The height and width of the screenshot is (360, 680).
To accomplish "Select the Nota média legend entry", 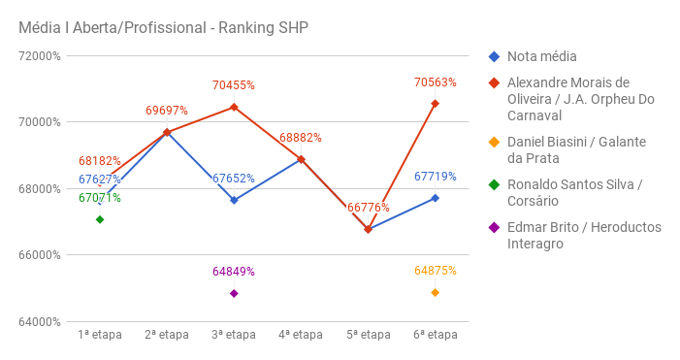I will point(548,57).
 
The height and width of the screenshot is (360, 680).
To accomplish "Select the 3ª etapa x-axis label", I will point(234,335).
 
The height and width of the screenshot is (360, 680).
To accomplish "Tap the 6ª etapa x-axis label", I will point(435,335).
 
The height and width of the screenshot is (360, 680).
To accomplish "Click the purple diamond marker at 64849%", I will point(234,293).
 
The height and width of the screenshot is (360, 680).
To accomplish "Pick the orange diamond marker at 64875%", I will point(435,292).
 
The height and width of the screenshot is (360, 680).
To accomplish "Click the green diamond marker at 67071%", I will point(100,219).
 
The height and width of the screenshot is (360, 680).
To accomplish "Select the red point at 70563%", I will point(435,104).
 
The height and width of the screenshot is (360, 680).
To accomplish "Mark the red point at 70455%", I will point(234,107).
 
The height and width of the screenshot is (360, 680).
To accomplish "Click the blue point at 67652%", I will point(234,200).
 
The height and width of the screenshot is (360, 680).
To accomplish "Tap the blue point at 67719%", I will point(435,198).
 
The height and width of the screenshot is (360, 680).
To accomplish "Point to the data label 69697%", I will point(167,111).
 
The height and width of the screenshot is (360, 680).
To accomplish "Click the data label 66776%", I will point(368,208).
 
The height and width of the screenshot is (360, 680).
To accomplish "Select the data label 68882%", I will point(301,138).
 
